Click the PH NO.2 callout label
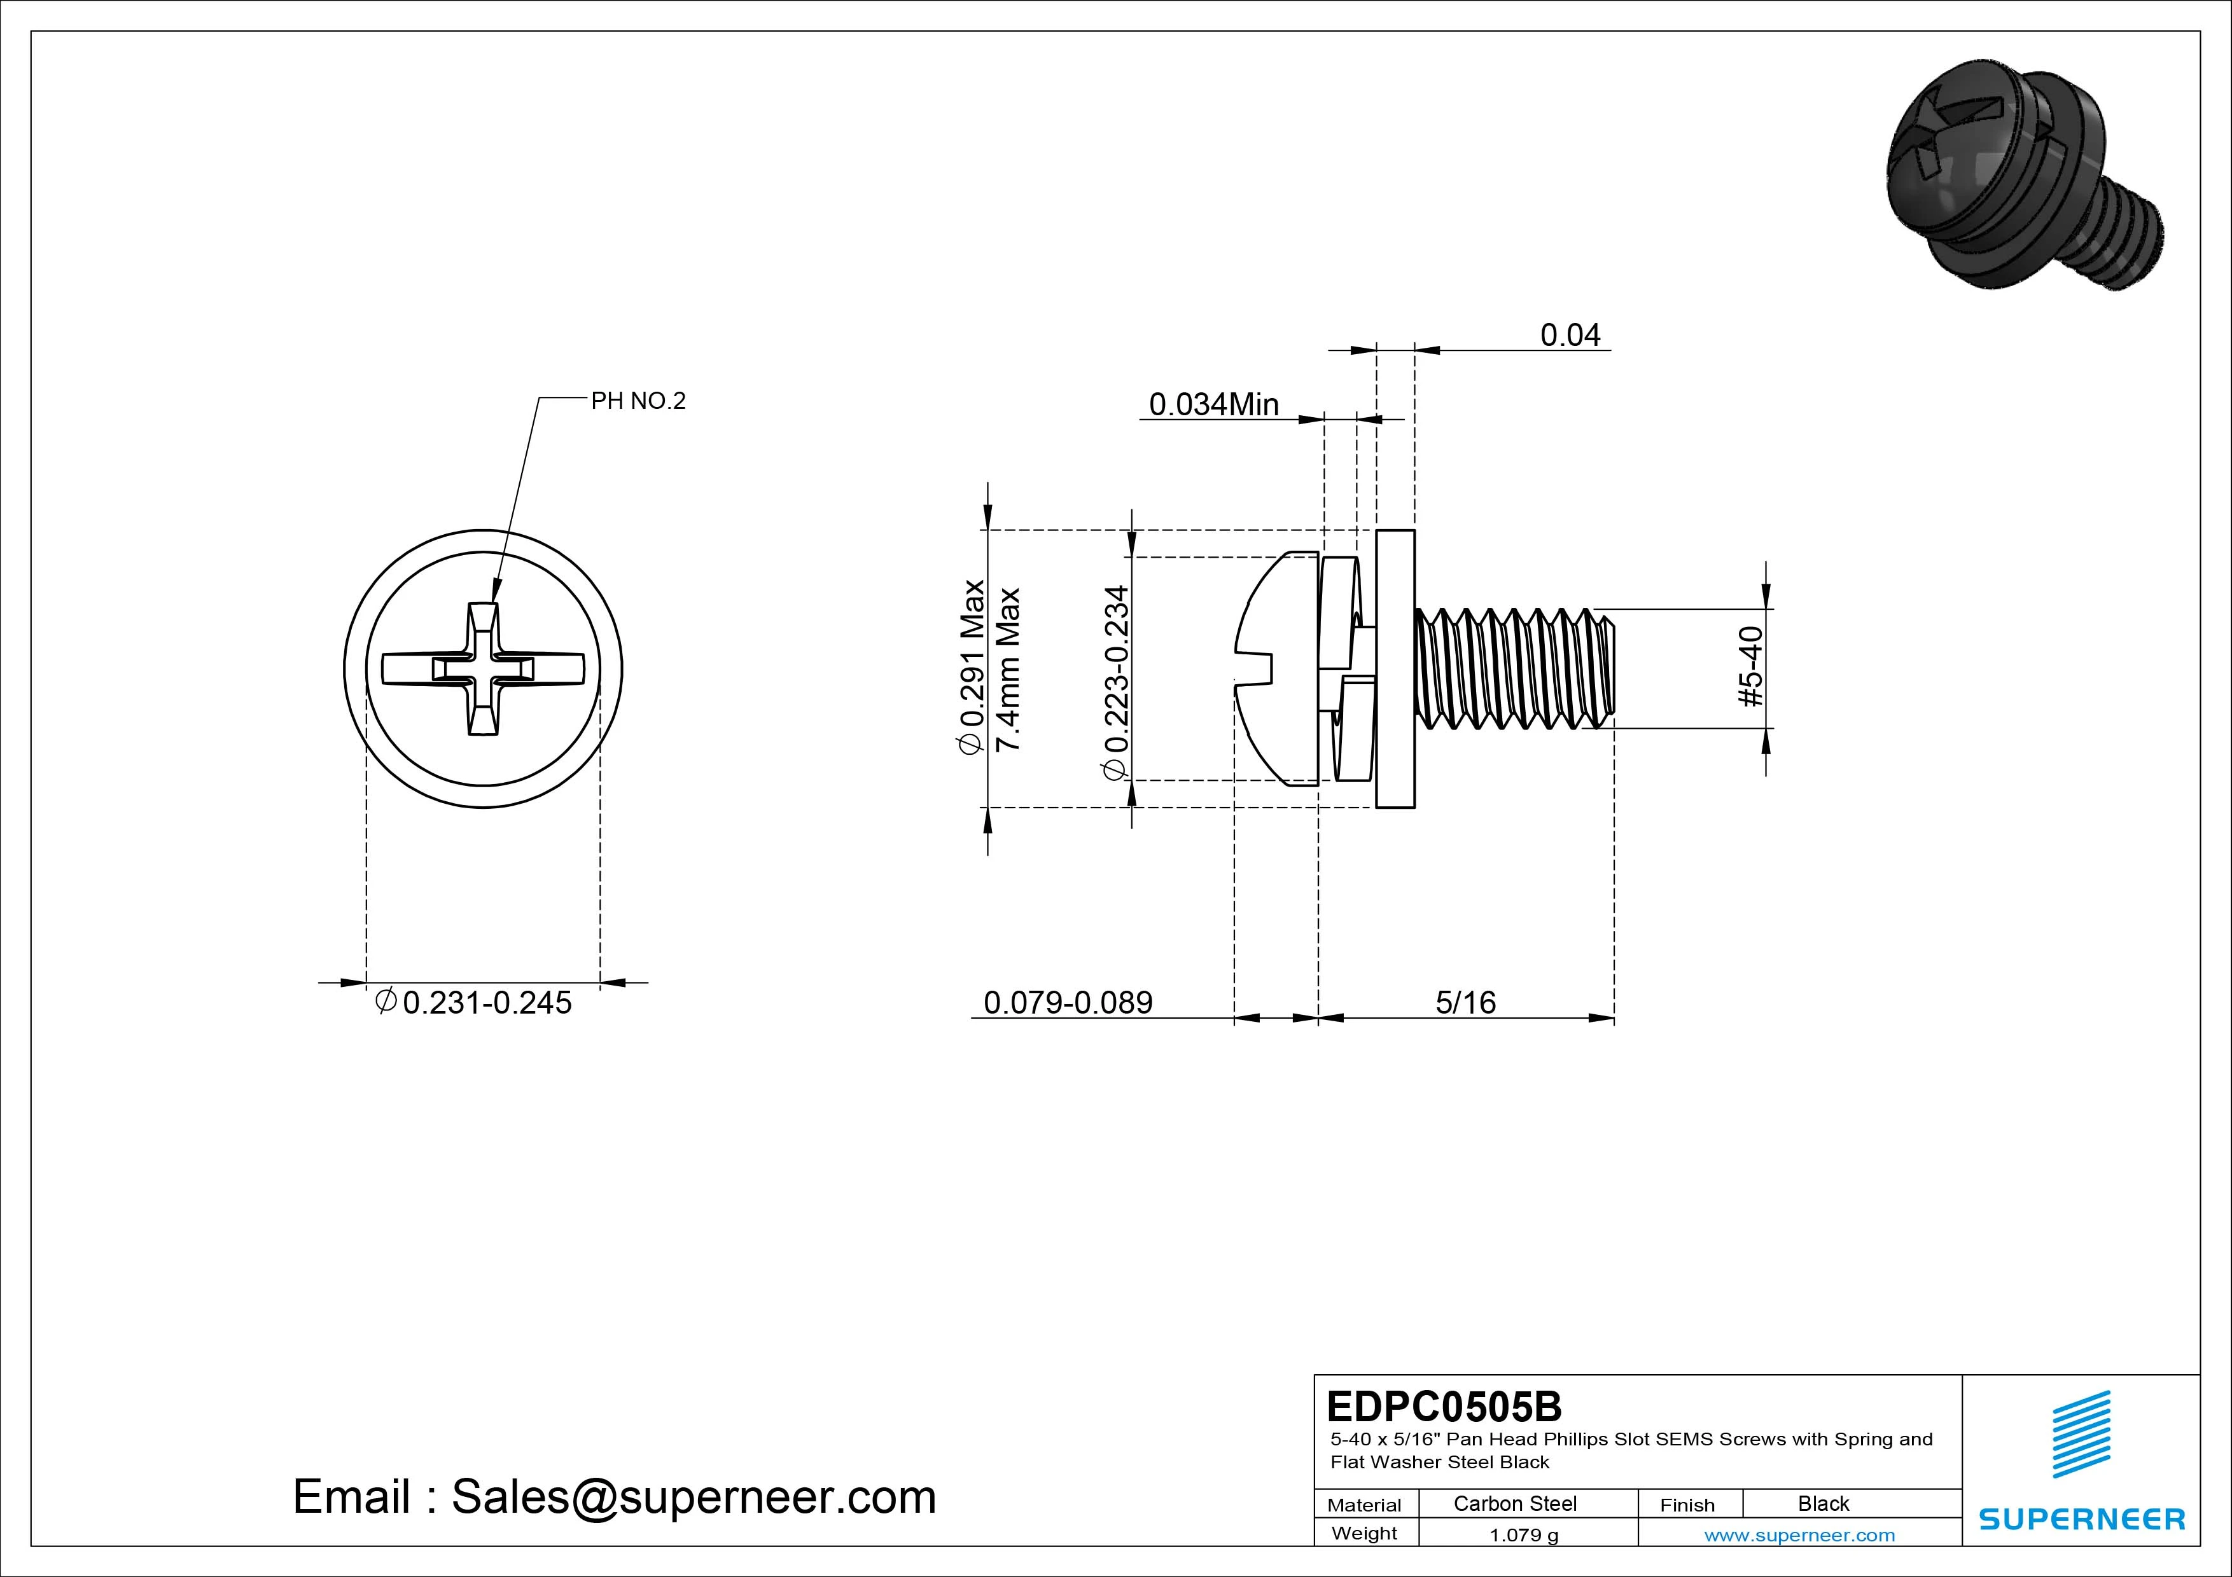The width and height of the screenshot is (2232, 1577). (x=638, y=401)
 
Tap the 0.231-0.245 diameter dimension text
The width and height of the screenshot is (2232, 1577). (x=486, y=1003)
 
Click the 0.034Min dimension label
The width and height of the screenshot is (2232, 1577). (x=1213, y=404)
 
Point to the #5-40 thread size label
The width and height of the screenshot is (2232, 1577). (x=1750, y=668)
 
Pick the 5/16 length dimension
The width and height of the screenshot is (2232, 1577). (x=1465, y=1003)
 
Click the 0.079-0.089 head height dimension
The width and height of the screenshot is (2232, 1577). (x=1068, y=1003)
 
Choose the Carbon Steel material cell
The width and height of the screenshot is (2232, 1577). (x=1514, y=1503)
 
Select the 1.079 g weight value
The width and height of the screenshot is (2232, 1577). (x=1523, y=1535)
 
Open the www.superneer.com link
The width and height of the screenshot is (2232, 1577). (x=1799, y=1535)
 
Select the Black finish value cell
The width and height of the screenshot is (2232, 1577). (x=1823, y=1503)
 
